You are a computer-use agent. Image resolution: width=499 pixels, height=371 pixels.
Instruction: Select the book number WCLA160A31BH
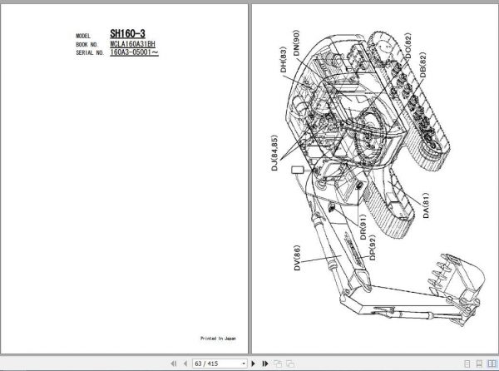pos(132,44)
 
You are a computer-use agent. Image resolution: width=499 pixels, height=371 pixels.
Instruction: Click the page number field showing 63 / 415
pos(220,364)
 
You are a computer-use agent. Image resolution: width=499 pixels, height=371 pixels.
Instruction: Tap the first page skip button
pos(172,364)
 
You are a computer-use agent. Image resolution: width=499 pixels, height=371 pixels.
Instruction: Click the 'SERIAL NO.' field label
pos(89,52)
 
